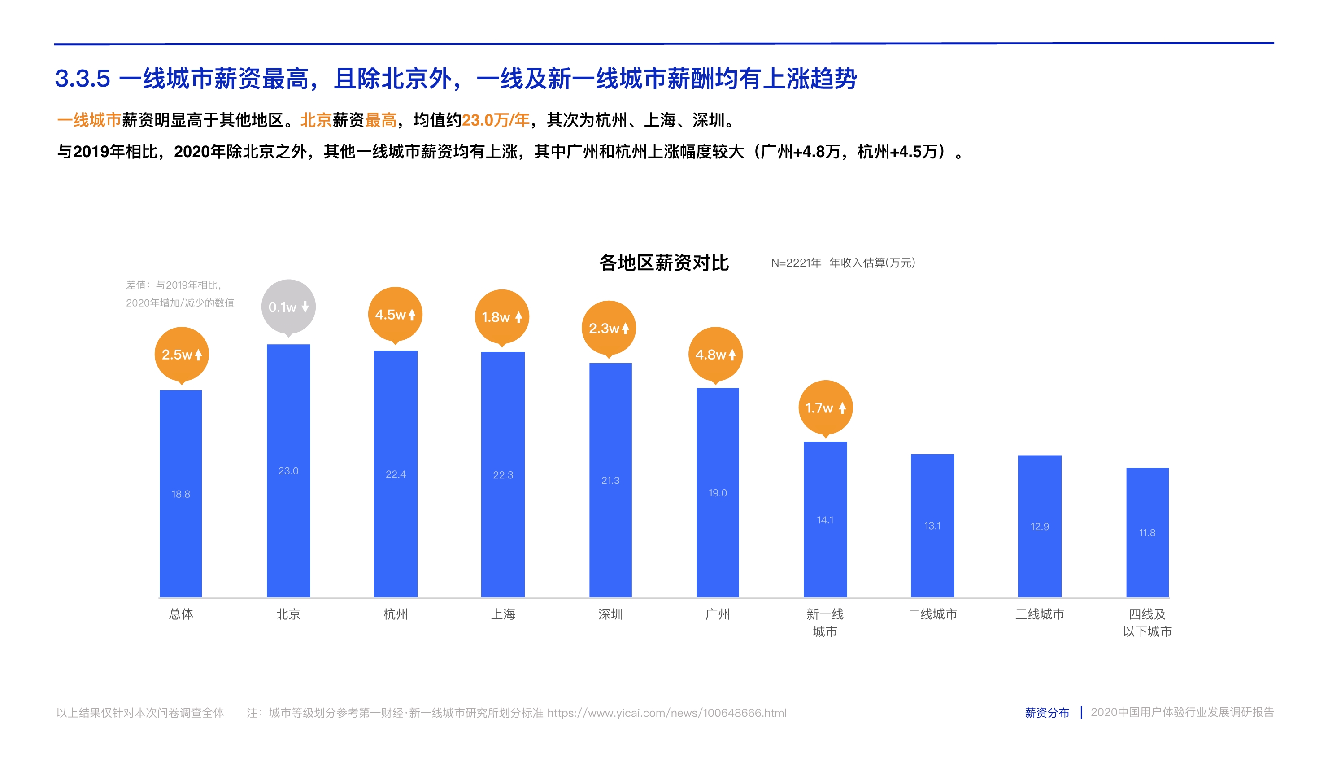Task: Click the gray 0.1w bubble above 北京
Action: (x=288, y=307)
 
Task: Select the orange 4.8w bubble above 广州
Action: (x=715, y=355)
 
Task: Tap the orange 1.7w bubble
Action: (x=825, y=408)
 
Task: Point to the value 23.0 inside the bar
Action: (x=288, y=470)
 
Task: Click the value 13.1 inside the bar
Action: (x=932, y=526)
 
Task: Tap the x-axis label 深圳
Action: (x=610, y=614)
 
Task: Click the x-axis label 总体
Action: (x=181, y=614)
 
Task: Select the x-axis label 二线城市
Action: (x=932, y=614)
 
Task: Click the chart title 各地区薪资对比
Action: (x=663, y=263)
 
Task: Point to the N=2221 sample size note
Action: (x=796, y=263)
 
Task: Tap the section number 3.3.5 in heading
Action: (x=83, y=79)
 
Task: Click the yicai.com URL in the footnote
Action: (x=666, y=713)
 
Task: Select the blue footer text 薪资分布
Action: (x=1047, y=713)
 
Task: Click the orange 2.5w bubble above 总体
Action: (x=182, y=355)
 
